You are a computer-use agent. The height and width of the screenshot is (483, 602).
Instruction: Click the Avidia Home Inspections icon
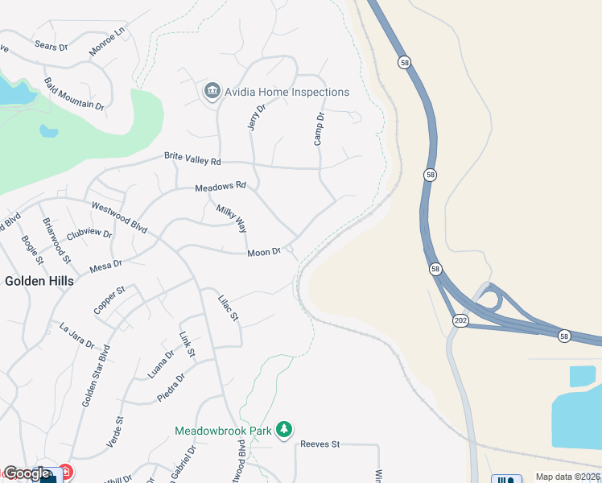pyautogui.click(x=212, y=91)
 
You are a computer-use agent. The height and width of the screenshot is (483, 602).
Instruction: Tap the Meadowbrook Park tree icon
pyautogui.click(x=283, y=431)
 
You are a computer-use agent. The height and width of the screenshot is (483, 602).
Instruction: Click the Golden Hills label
pyautogui.click(x=39, y=281)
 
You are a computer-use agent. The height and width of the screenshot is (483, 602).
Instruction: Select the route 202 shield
pyautogui.click(x=460, y=320)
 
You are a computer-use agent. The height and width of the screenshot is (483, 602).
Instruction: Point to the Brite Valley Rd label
pyautogui.click(x=192, y=159)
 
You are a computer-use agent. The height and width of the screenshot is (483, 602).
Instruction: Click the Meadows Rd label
pyautogui.click(x=221, y=187)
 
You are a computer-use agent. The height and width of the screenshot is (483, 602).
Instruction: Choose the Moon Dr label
pyautogui.click(x=264, y=253)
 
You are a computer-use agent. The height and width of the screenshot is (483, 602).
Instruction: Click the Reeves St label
pyautogui.click(x=320, y=444)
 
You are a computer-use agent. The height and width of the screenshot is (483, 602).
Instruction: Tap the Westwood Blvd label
pyautogui.click(x=119, y=217)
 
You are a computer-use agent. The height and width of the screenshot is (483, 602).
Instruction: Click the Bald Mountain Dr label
pyautogui.click(x=75, y=94)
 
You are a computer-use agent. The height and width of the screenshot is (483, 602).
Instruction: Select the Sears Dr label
pyautogui.click(x=52, y=47)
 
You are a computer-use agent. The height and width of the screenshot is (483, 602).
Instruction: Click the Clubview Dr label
pyautogui.click(x=89, y=233)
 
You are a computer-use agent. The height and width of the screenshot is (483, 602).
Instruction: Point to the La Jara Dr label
pyautogui.click(x=77, y=332)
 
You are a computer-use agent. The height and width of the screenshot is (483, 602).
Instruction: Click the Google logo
pyautogui.click(x=27, y=473)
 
